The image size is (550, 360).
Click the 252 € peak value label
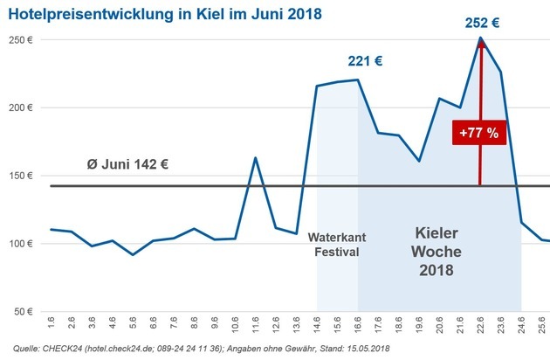click(x=481, y=22)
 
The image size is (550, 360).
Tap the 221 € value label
click(x=365, y=61)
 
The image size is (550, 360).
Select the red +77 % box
click(x=479, y=134)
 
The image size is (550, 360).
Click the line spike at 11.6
click(x=254, y=158)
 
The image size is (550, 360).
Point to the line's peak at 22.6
click(x=480, y=38)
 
